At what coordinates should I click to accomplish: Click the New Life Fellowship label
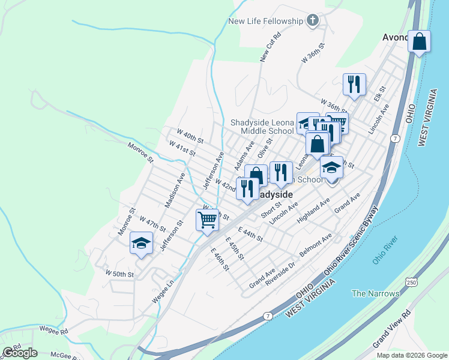(x=266, y=22)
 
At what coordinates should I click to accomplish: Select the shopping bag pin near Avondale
(x=419, y=43)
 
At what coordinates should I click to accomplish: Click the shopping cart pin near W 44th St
(x=207, y=220)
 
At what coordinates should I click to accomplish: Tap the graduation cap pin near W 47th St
(x=141, y=243)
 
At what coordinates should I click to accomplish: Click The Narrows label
(x=375, y=293)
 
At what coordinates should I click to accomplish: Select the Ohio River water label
(x=385, y=250)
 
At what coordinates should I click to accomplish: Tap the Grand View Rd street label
(x=391, y=329)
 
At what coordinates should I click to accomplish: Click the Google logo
(x=20, y=353)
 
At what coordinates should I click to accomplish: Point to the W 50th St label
(x=119, y=274)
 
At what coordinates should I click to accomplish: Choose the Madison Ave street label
(x=175, y=190)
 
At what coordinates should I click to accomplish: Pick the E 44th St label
(x=250, y=235)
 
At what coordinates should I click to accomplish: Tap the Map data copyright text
(x=411, y=355)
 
